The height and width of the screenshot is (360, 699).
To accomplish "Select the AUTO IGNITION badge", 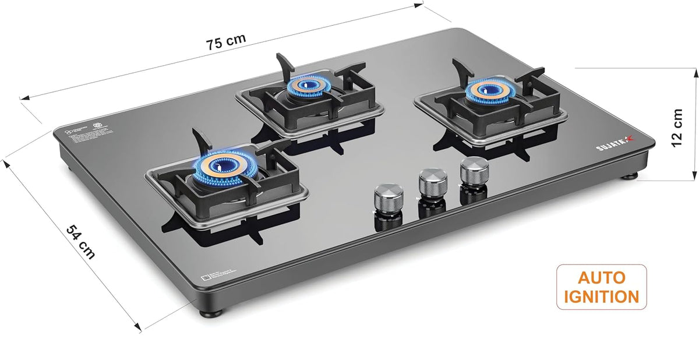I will click(601, 287).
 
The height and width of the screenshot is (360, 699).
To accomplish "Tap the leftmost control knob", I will click(385, 196).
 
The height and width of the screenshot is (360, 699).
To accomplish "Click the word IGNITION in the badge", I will click(601, 296).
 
